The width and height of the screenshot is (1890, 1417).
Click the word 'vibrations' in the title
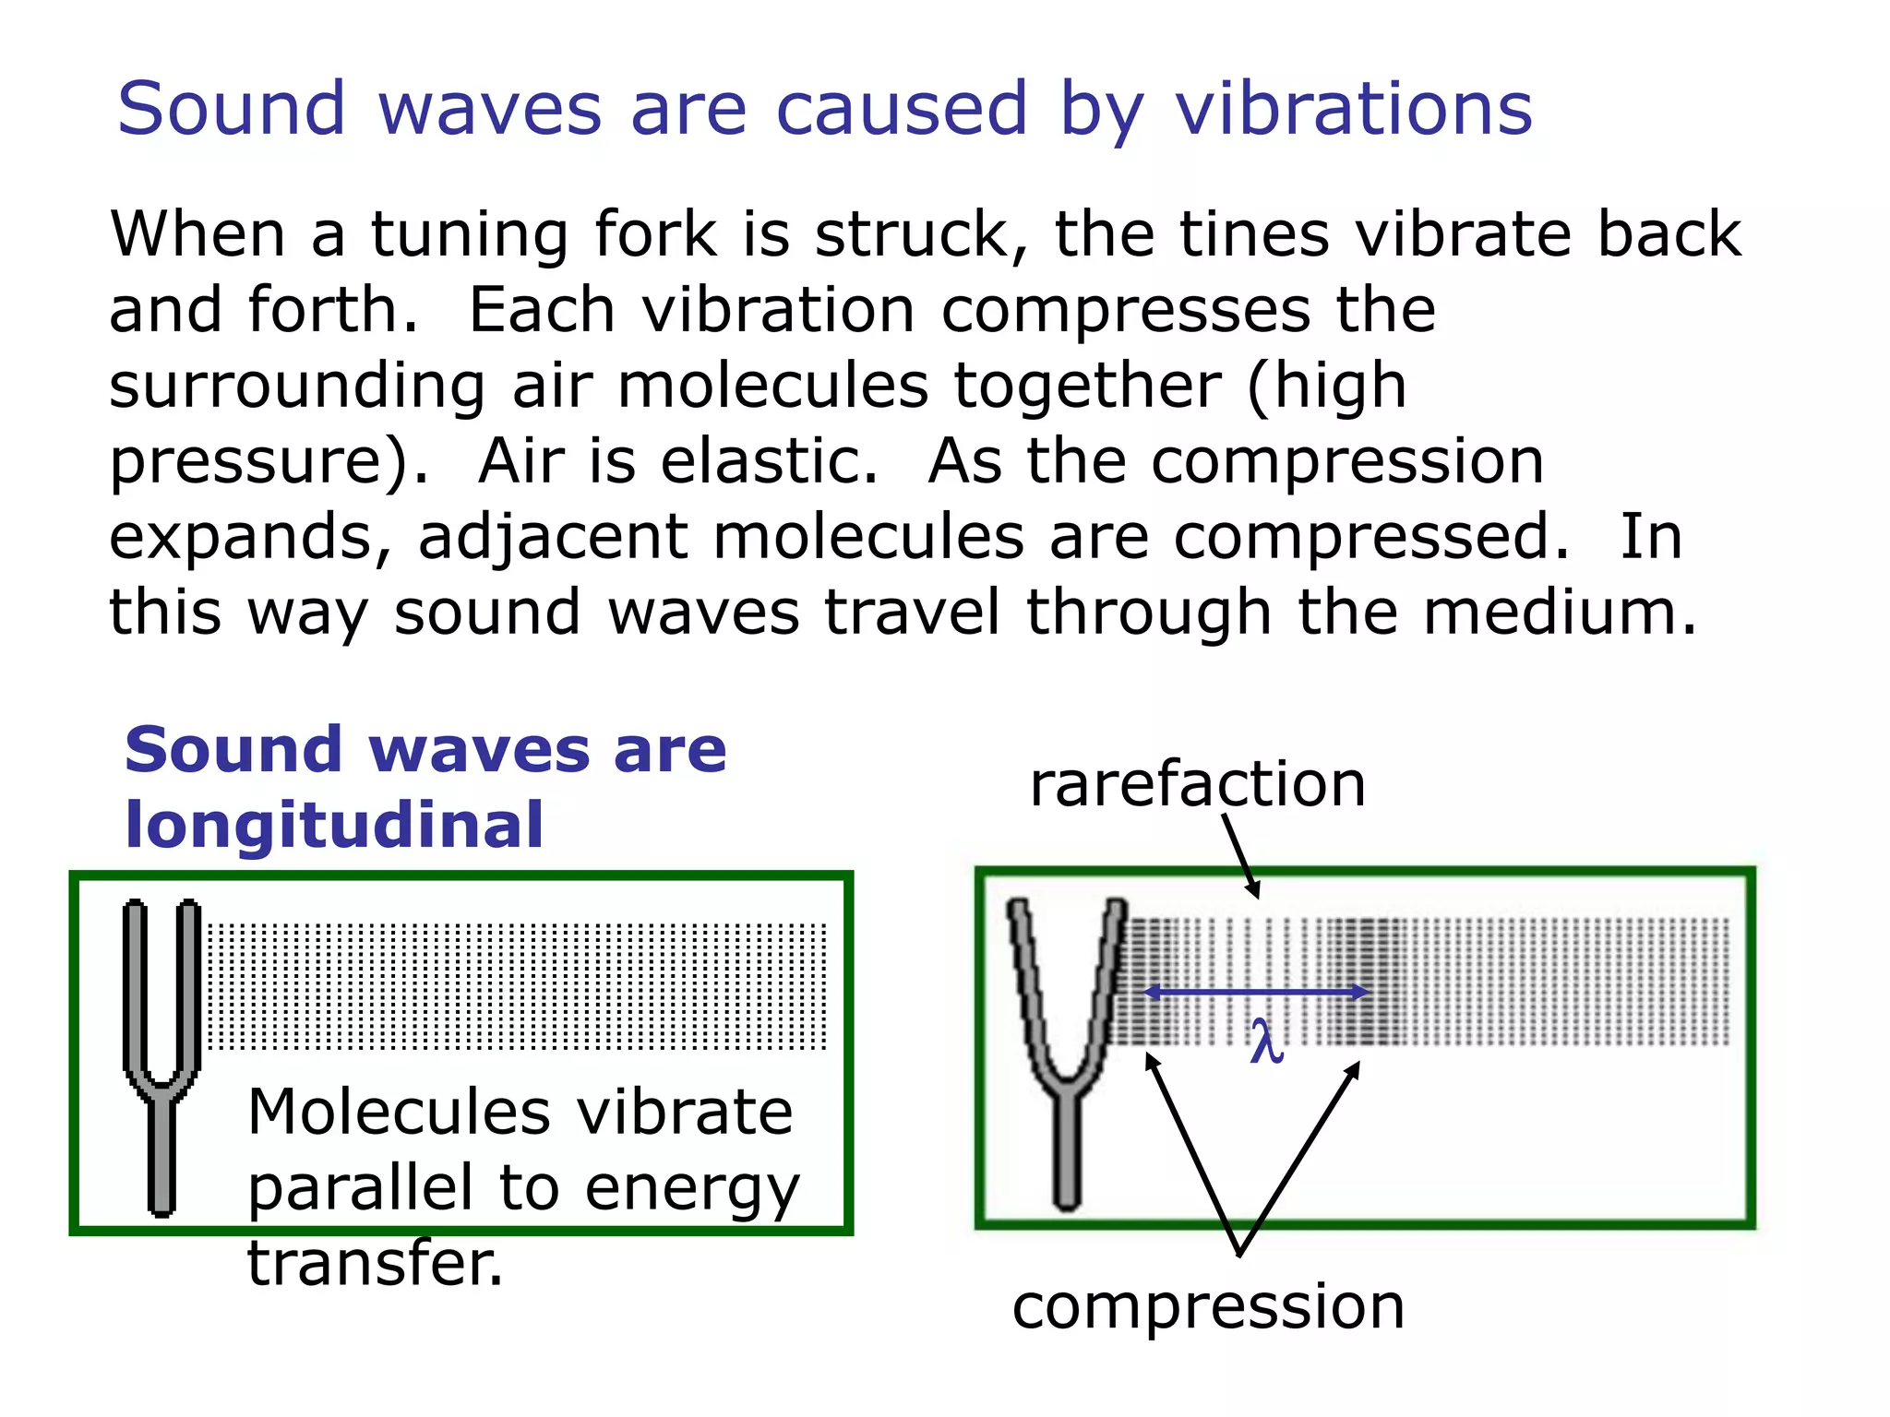1353,109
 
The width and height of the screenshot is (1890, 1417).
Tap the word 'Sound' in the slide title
231,109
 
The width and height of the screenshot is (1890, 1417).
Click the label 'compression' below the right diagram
1208,1306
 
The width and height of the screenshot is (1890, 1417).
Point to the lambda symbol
1266,1042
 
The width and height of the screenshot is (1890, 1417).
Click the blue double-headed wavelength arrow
1256,993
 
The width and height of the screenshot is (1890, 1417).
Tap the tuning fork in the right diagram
1066,1052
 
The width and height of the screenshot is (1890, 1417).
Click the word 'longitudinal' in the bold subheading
334,825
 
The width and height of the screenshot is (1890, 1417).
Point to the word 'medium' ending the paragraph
1558,612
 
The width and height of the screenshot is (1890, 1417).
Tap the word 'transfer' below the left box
374,1263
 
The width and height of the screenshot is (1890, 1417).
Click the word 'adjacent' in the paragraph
553,538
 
